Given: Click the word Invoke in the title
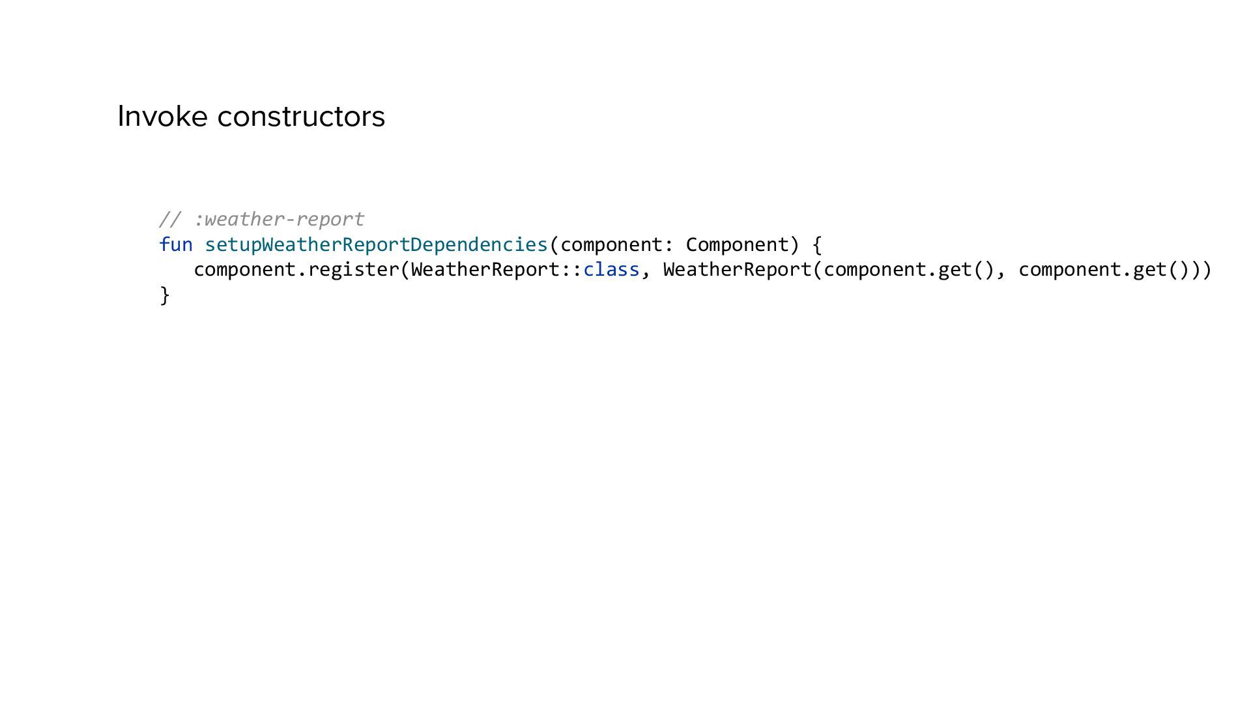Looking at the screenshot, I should [163, 117].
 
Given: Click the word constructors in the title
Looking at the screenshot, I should [301, 117].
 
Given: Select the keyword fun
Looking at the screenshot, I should [176, 244].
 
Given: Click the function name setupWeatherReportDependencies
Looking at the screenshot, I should [377, 244].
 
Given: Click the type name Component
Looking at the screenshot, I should [737, 244].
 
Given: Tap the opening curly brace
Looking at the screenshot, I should [817, 245].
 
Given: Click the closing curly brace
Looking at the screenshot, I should [165, 295].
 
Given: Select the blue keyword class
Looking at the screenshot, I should [611, 269].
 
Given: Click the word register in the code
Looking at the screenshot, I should [354, 269].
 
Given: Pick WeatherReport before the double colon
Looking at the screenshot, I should [485, 269].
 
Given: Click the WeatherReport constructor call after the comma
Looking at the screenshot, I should [737, 269].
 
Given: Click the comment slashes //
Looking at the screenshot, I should [170, 219].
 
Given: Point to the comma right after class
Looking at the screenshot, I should [646, 272].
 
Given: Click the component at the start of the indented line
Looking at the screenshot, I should [245, 269].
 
